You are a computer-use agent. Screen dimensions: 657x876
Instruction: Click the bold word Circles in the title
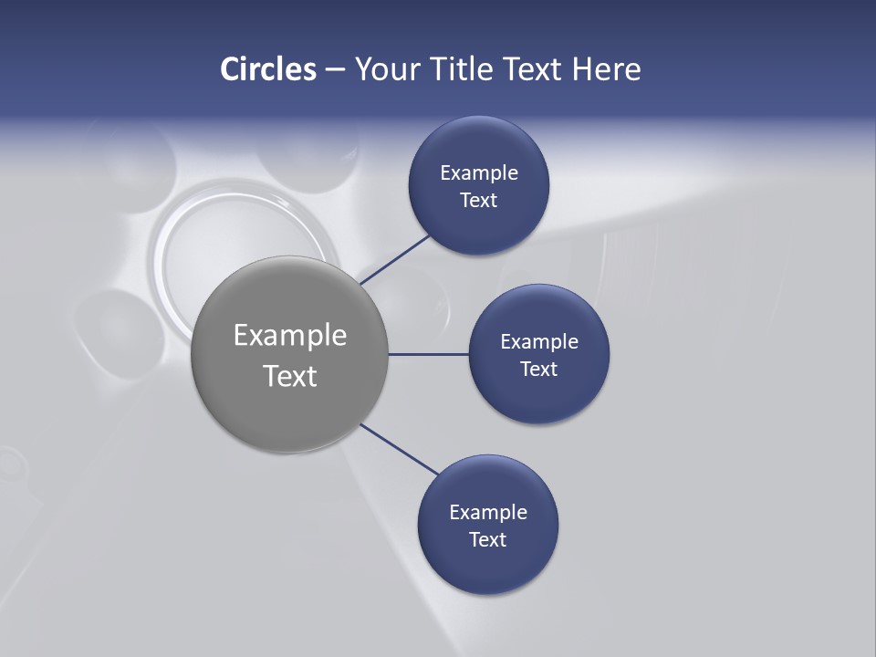coord(268,69)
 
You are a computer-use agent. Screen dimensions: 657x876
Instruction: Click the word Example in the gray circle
coord(290,336)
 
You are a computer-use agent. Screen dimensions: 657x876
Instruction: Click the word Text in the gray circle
coord(290,376)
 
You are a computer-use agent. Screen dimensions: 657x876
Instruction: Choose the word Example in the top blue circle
coord(479,173)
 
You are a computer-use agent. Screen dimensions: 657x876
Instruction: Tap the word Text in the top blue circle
coord(479,201)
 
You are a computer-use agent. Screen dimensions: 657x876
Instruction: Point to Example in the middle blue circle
coord(539,342)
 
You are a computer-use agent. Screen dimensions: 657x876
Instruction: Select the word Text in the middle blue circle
coord(539,370)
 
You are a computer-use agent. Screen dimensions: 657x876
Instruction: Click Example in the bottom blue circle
coord(488,513)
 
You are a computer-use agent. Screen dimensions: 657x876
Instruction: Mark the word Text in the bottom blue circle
coord(488,540)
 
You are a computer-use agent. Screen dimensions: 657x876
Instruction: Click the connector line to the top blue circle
coord(395,259)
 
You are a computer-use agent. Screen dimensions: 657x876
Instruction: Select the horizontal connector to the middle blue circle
coord(429,354)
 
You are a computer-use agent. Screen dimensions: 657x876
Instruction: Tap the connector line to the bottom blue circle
coord(400,449)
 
